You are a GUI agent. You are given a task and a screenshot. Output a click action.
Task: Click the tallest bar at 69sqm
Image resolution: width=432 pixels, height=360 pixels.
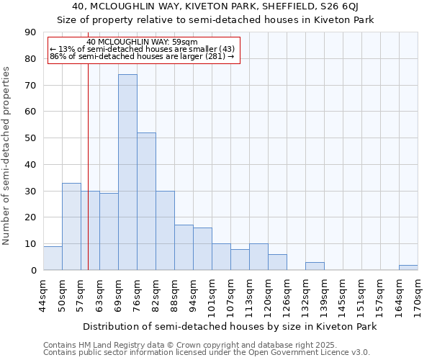(127, 172)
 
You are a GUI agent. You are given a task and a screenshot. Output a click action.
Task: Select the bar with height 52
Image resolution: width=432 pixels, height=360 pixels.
(146, 201)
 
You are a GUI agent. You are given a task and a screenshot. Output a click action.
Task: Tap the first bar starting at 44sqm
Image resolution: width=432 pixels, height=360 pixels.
(53, 258)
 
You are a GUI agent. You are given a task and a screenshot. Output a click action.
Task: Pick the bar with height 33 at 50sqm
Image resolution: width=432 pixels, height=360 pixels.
(71, 226)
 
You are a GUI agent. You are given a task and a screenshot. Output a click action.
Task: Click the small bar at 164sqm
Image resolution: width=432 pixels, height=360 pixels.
(408, 267)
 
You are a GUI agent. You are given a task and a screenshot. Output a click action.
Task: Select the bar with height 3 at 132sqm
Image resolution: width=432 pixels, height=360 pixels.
(315, 266)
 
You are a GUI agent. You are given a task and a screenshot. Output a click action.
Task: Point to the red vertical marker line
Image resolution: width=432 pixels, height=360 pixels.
(88, 180)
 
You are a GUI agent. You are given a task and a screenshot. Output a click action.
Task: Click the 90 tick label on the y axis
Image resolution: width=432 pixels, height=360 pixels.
(30, 32)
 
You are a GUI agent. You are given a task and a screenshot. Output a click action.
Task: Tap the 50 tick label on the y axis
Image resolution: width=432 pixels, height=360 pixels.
(30, 138)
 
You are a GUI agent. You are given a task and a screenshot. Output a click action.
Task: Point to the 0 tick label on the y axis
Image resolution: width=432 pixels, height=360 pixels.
(33, 270)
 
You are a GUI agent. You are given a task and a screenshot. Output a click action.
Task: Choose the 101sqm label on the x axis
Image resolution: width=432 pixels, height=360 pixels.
(212, 295)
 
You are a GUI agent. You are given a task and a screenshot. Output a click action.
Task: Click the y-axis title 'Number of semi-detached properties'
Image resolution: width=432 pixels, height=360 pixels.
(7, 156)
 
